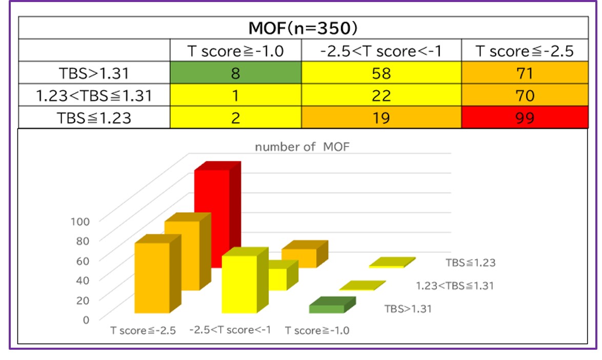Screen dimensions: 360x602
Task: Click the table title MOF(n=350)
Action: [x=303, y=27]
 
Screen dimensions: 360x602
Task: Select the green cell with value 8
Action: [x=236, y=73]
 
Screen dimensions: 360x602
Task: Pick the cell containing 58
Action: [x=381, y=73]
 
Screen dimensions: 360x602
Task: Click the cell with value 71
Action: [x=525, y=73]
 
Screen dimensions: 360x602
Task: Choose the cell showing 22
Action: [x=381, y=96]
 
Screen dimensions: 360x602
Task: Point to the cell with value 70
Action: [x=525, y=96]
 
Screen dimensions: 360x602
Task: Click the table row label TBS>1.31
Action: [x=94, y=73]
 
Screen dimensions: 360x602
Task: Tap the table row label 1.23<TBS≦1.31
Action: [x=94, y=96]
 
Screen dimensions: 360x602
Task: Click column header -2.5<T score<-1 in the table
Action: [x=381, y=51]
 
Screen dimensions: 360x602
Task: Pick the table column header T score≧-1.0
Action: [x=236, y=51]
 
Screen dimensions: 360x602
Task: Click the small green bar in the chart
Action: [x=327, y=309]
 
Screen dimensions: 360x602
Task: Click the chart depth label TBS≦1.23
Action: [x=470, y=263]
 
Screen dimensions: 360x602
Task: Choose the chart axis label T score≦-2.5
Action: [x=143, y=330]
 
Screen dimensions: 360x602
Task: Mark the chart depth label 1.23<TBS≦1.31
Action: [x=454, y=286]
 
